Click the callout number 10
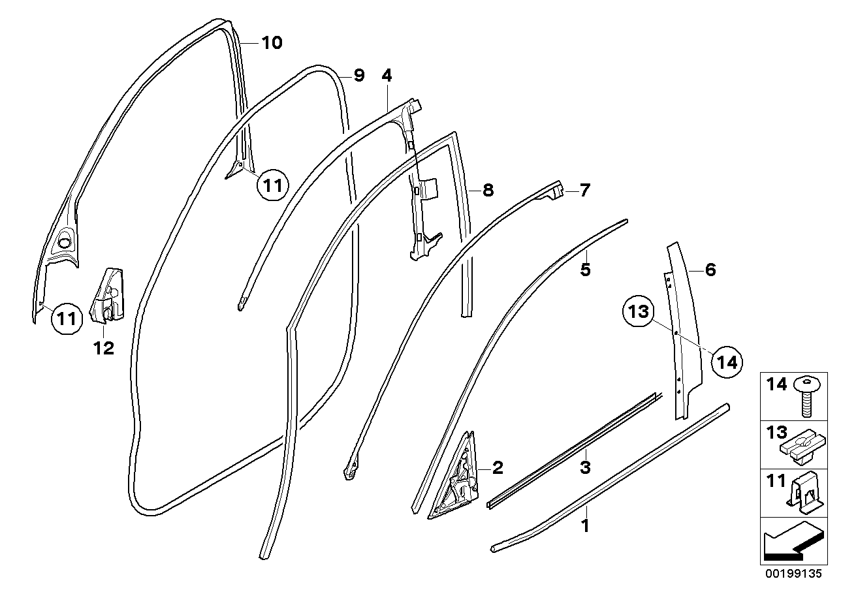[x=272, y=43]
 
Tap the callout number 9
[x=358, y=76]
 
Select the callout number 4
[x=387, y=76]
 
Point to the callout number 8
[x=488, y=191]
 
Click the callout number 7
[x=584, y=191]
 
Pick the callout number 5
[x=585, y=269]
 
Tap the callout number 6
[x=710, y=269]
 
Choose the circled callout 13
[x=639, y=313]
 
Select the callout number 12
[x=103, y=348]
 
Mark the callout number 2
[x=497, y=467]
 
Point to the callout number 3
[x=585, y=467]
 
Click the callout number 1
[x=585, y=525]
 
